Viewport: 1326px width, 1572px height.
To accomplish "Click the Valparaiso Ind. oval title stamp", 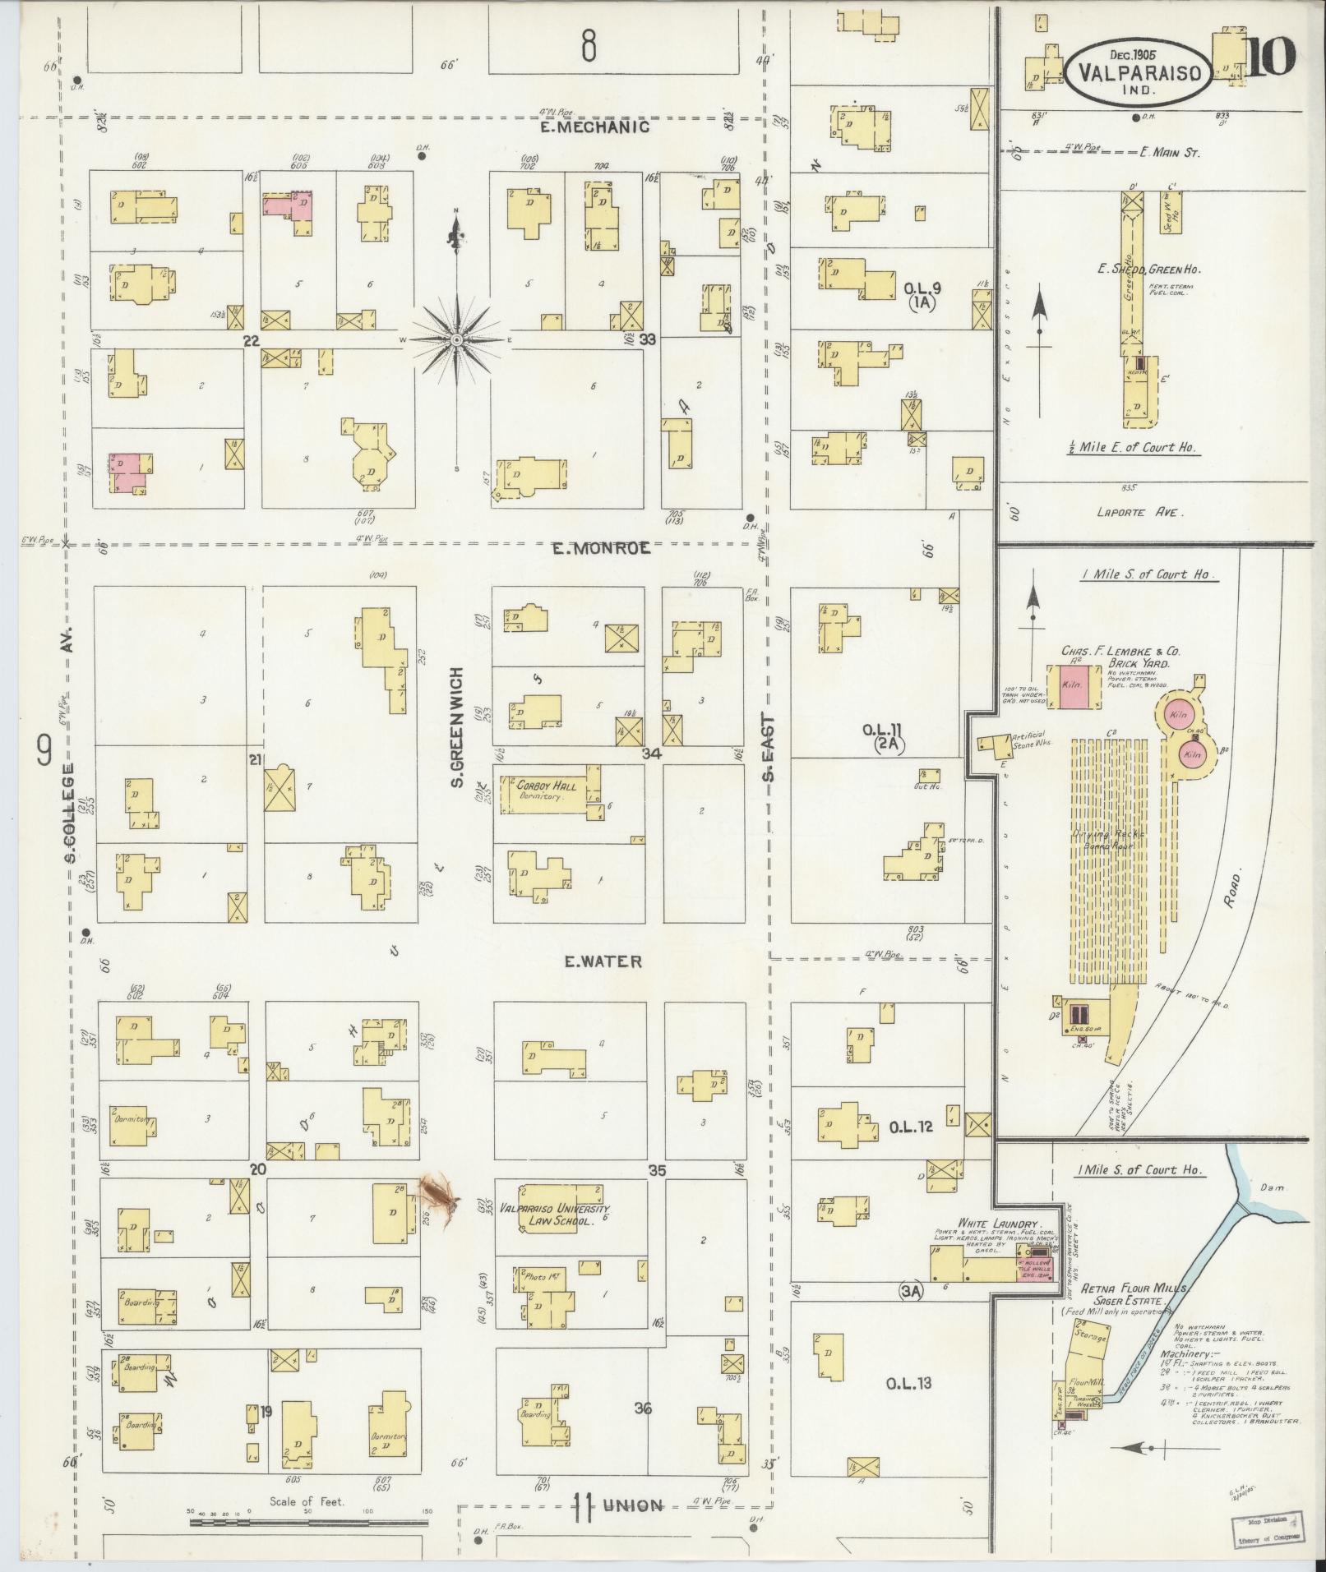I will (1139, 71).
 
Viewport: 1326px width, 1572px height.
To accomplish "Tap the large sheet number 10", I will (1271, 57).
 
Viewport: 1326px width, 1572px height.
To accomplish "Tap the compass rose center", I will (457, 340).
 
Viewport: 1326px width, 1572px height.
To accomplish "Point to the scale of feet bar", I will (308, 1520).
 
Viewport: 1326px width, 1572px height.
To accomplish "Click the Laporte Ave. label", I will (1139, 511).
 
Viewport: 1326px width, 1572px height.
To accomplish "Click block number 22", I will (251, 339).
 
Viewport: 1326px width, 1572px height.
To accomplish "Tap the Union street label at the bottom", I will (634, 1505).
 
